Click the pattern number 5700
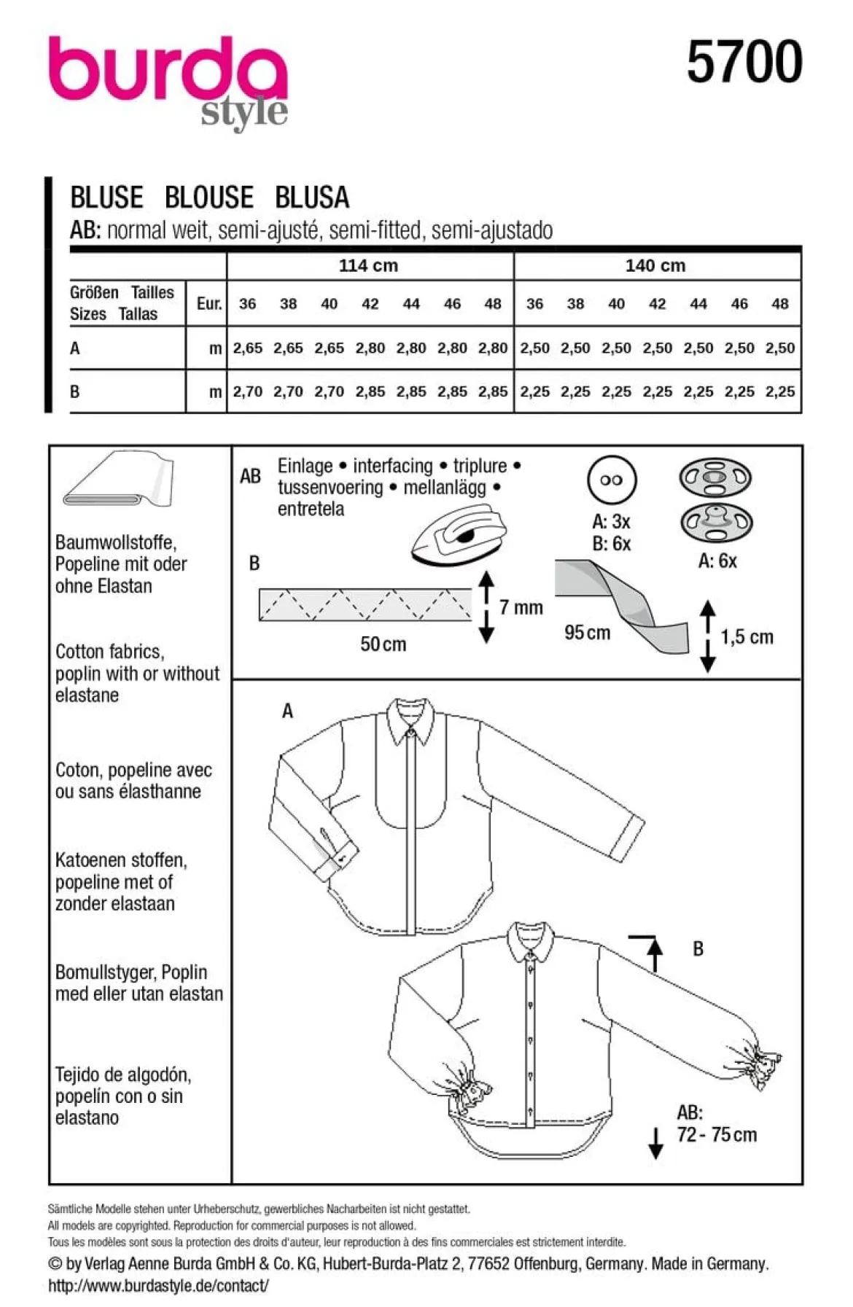pyautogui.click(x=744, y=62)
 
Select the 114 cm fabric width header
pyautogui.click(x=368, y=266)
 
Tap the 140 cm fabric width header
pyautogui.click(x=655, y=266)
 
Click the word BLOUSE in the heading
pyautogui.click(x=209, y=198)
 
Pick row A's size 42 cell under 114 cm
pyautogui.click(x=370, y=348)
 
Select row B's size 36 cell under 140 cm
pyautogui.click(x=534, y=391)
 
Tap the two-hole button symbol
pyautogui.click(x=611, y=480)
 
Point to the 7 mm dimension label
pyautogui.click(x=521, y=607)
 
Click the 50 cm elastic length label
pyautogui.click(x=383, y=644)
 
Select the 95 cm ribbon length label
pyautogui.click(x=588, y=632)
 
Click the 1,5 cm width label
pyautogui.click(x=747, y=637)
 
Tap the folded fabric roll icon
pyautogui.click(x=118, y=479)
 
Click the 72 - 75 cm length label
pyautogui.click(x=717, y=1135)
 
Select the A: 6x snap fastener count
pyautogui.click(x=717, y=561)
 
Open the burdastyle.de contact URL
pyautogui.click(x=158, y=1286)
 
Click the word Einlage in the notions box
pyautogui.click(x=305, y=466)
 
